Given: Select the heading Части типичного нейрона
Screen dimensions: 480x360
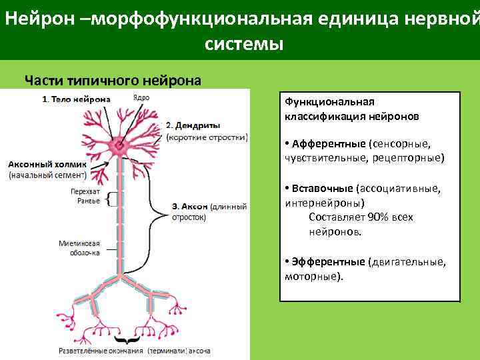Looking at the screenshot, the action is tap(112, 81).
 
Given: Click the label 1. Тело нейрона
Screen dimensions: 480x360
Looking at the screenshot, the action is tap(76, 99).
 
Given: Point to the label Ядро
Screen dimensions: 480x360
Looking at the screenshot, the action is tap(141, 97).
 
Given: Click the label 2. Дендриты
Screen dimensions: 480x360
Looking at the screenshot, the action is tap(193, 125).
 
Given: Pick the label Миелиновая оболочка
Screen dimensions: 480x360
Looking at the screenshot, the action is tap(79, 247).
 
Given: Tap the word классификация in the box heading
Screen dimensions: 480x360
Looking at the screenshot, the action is tap(321, 115).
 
